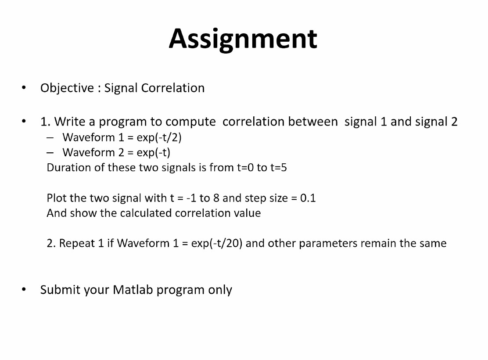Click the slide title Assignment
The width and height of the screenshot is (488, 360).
click(243, 39)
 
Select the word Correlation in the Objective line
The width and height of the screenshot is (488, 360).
click(173, 88)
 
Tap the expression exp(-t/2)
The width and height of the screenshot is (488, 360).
click(159, 137)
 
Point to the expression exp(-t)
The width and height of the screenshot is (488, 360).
click(154, 153)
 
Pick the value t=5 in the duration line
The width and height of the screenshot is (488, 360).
click(278, 168)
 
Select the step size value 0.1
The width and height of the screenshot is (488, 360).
click(308, 198)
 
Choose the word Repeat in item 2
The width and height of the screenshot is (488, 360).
click(77, 243)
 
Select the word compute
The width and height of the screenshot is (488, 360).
click(190, 122)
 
